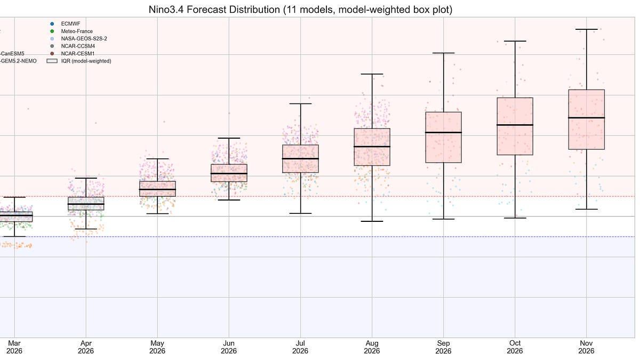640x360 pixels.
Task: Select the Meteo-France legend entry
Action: (x=77, y=31)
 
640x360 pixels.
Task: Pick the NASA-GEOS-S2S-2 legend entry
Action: (x=84, y=39)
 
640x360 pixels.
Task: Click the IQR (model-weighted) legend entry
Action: (x=86, y=61)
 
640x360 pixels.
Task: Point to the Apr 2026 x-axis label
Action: (x=86, y=347)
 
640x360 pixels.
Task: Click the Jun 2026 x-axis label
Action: (x=229, y=347)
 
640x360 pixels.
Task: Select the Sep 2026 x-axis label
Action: (x=443, y=347)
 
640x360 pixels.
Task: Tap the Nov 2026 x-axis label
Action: (x=586, y=347)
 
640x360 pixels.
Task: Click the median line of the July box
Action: (x=300, y=158)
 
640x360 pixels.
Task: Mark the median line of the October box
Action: (x=515, y=125)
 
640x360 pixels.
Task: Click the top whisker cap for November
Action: (x=586, y=29)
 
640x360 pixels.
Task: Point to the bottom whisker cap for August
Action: (x=372, y=221)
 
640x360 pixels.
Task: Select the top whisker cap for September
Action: (x=443, y=53)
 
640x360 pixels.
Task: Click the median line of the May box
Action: (x=157, y=189)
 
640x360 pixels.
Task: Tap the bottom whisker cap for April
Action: (x=86, y=229)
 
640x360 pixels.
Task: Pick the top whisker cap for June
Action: (x=229, y=138)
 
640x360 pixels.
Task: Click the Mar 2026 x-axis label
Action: (x=14, y=347)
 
